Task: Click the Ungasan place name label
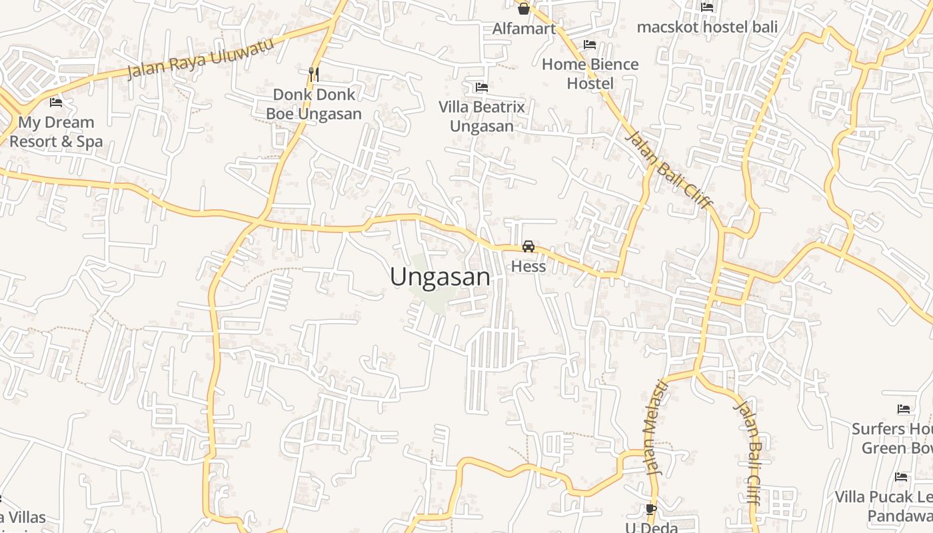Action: point(440,276)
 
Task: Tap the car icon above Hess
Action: point(528,247)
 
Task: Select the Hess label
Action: point(528,266)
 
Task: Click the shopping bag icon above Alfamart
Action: point(524,9)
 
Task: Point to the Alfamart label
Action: point(524,29)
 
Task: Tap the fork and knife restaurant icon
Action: point(314,74)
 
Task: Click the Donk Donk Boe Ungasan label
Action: point(314,104)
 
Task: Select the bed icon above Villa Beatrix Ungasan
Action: point(481,87)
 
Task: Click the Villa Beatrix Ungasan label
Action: point(481,116)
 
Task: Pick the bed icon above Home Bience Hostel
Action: point(590,45)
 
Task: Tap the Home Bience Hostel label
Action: point(590,73)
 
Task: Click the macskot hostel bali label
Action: point(707,27)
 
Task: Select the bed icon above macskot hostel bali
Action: point(707,7)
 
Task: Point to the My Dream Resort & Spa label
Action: point(56,131)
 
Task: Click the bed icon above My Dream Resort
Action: point(56,103)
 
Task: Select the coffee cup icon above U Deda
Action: point(651,510)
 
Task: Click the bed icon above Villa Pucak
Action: point(901,477)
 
